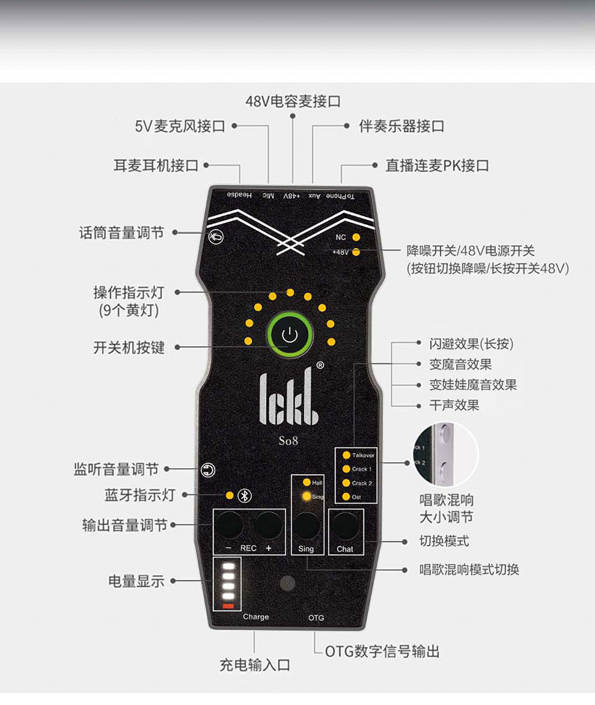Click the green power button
click(x=290, y=335)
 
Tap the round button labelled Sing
click(x=307, y=525)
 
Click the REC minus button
click(x=231, y=525)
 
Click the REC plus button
click(x=268, y=525)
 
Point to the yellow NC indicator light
click(x=356, y=237)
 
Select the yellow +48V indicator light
click(x=356, y=252)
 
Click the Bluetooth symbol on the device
click(x=244, y=495)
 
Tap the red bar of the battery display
click(x=228, y=605)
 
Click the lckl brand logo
click(x=289, y=399)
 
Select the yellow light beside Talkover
click(x=346, y=456)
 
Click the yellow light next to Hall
click(x=307, y=483)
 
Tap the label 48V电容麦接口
click(x=293, y=101)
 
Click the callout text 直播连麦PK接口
click(x=437, y=165)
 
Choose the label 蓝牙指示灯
click(x=139, y=495)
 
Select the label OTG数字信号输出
click(x=382, y=651)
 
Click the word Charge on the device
click(x=256, y=617)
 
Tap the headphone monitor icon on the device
click(x=208, y=471)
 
